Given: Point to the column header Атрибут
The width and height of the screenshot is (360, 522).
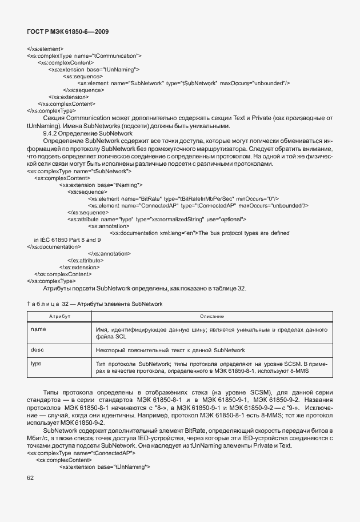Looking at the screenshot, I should (x=59, y=316).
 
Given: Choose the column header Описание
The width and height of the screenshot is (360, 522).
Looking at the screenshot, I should (x=211, y=316).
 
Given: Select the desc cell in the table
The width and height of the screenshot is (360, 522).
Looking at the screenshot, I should (x=38, y=349).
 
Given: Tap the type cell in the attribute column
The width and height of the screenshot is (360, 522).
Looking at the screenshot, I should (x=37, y=363).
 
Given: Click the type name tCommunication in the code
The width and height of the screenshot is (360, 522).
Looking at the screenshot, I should (x=117, y=56).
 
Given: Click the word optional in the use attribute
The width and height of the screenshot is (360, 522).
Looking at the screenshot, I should (x=231, y=219).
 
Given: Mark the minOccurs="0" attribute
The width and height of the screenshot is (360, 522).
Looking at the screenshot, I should (x=257, y=198).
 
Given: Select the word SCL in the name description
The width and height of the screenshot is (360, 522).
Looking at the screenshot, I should (x=119, y=337).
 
